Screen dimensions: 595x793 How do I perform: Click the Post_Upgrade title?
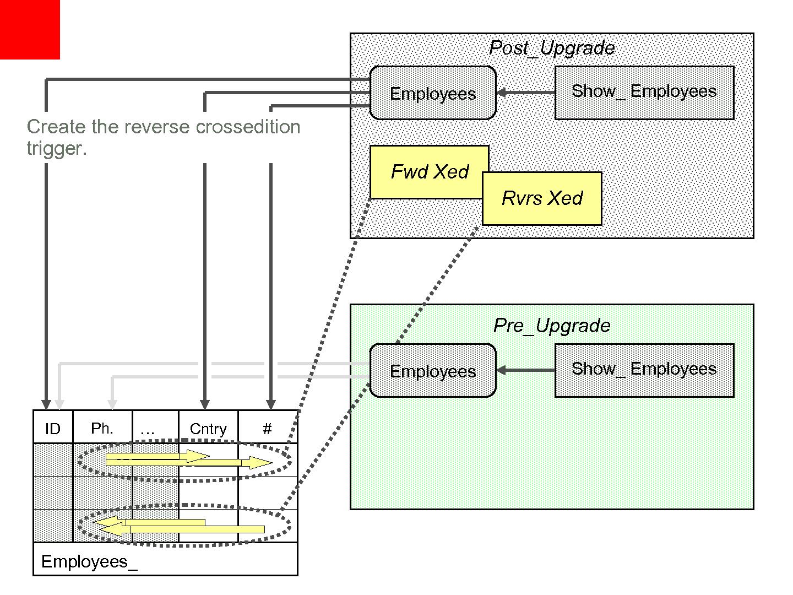552,48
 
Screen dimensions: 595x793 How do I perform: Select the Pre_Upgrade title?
552,326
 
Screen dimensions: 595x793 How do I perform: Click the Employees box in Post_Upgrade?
433,93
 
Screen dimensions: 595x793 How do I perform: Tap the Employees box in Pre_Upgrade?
433,371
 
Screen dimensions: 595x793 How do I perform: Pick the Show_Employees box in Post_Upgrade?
644,93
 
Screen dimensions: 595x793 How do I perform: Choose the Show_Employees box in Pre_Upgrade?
644,370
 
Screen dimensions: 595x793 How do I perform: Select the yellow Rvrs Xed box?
542,198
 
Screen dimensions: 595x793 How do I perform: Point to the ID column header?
53,429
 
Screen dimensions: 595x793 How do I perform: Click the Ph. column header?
102,428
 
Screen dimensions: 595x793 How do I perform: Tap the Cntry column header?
208,429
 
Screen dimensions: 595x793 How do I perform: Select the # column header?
267,429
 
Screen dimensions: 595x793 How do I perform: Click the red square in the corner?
30,29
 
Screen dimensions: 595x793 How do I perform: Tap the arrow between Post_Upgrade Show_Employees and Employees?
525,93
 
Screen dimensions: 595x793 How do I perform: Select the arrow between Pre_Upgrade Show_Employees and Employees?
525,370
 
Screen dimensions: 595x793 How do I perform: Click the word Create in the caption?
56,127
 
